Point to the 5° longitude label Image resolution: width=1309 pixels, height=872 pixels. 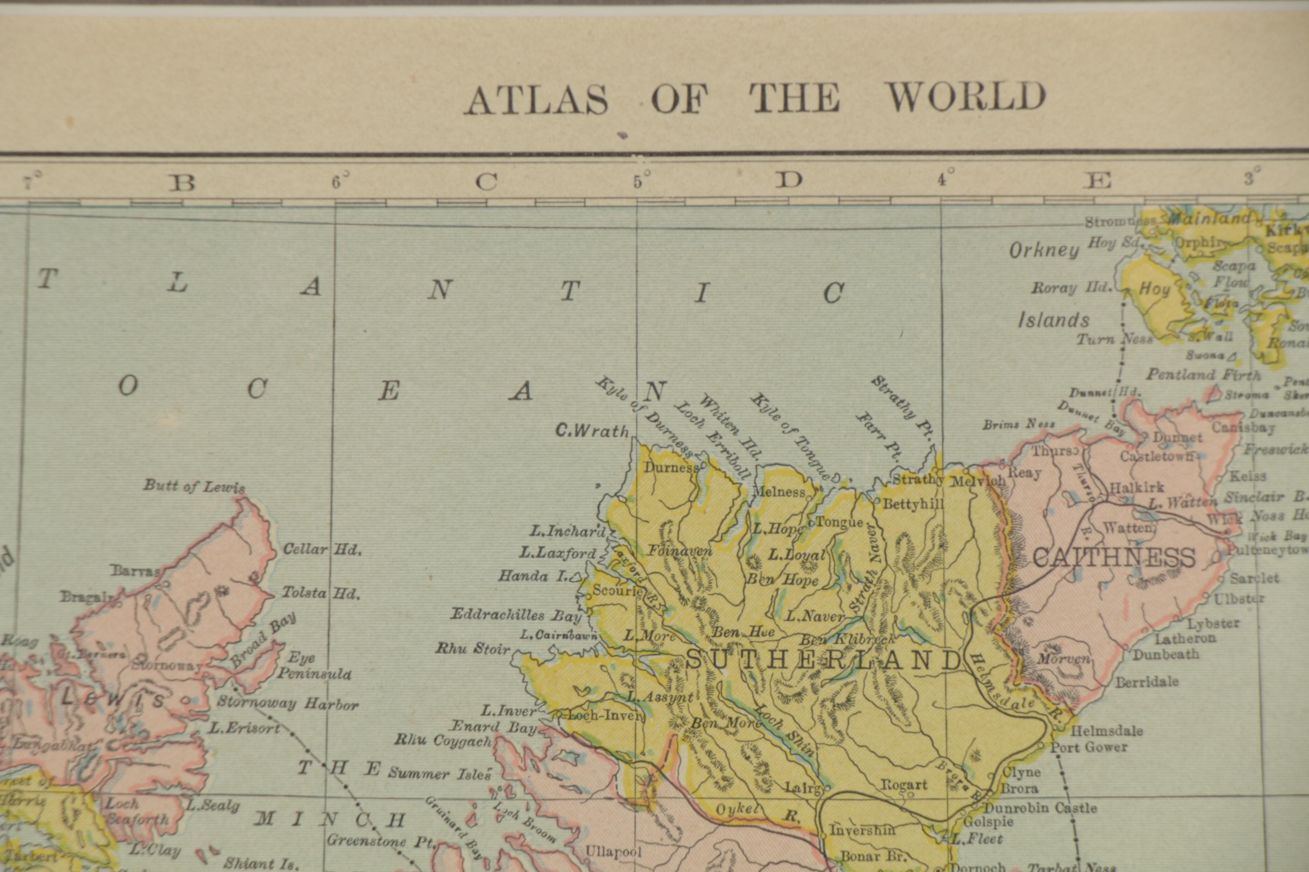(640, 181)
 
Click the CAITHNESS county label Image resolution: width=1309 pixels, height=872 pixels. (1114, 557)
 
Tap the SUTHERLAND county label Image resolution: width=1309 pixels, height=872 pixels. (824, 660)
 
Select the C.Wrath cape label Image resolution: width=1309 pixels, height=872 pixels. (592, 430)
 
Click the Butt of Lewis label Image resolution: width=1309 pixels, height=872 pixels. (194, 486)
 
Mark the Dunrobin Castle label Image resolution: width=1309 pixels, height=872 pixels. (1040, 807)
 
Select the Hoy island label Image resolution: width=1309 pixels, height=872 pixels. (1155, 289)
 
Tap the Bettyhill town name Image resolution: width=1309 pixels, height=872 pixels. (913, 504)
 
